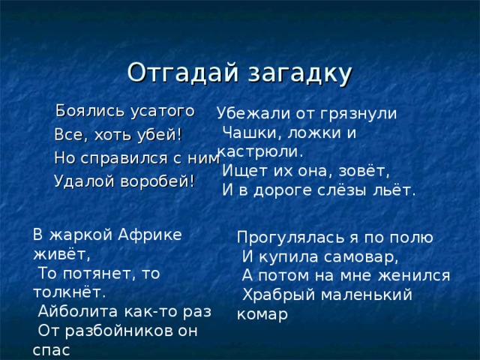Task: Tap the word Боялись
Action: [x=85, y=112]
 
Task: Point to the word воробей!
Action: [x=157, y=181]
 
